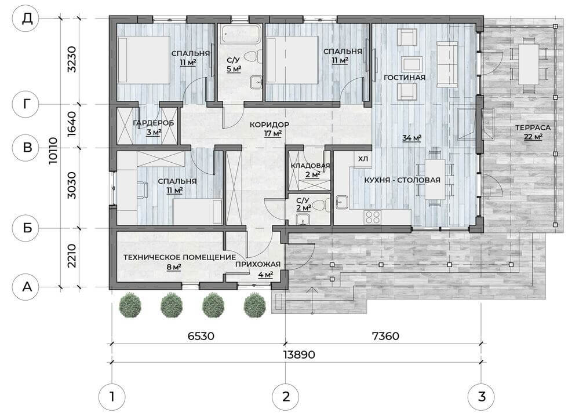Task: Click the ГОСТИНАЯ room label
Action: [x=405, y=78]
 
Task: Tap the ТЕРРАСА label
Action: [x=531, y=127]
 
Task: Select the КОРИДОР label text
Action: [x=269, y=125]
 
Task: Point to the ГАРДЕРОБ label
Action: [x=154, y=123]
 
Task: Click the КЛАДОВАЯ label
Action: [x=310, y=166]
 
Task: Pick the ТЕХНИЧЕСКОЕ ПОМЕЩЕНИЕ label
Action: [x=179, y=257]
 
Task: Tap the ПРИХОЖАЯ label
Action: [x=258, y=265]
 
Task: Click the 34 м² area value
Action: [x=412, y=138]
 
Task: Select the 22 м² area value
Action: [x=531, y=137]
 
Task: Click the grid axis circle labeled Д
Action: [x=27, y=19]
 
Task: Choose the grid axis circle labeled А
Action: [x=27, y=286]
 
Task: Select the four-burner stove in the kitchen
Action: [x=372, y=217]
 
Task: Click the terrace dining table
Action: [x=528, y=64]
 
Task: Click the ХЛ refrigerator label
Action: [x=363, y=159]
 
